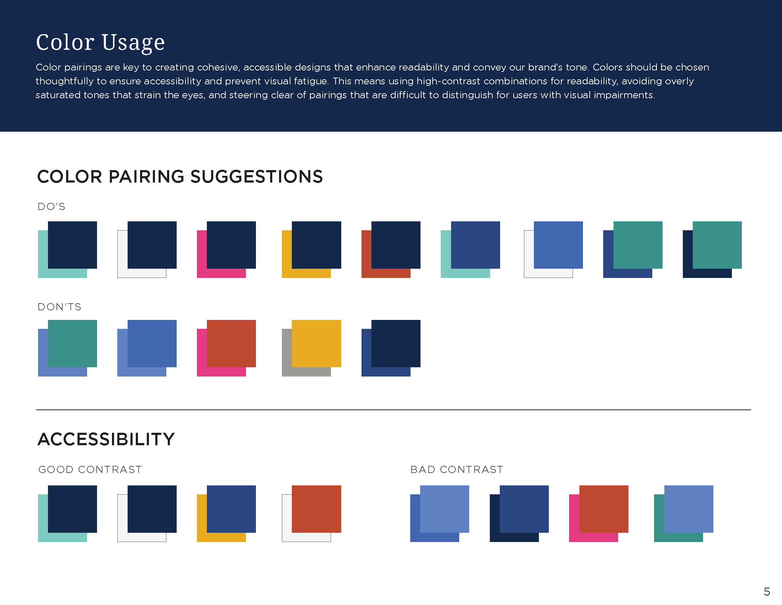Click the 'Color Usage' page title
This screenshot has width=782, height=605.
tap(100, 42)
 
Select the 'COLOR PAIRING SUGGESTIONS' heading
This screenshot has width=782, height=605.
tap(180, 177)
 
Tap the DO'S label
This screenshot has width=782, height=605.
tap(52, 207)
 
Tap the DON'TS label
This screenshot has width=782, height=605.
tap(59, 307)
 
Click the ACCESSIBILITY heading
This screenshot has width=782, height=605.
tap(106, 440)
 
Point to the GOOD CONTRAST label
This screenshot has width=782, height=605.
tap(90, 469)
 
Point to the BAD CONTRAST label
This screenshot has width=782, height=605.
tap(456, 469)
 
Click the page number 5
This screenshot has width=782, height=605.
tap(767, 591)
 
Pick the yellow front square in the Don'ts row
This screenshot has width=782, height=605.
tap(316, 343)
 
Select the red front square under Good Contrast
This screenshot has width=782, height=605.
tap(316, 509)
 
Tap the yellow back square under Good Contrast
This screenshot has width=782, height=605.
tap(202, 520)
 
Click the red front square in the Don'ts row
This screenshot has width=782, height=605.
tap(231, 343)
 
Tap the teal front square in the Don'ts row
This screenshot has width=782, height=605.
tap(72, 343)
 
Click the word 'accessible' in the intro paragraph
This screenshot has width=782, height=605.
tap(267, 67)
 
